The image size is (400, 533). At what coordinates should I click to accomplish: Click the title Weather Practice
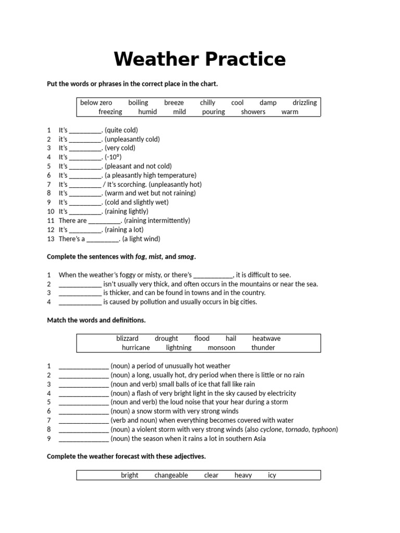click(199, 59)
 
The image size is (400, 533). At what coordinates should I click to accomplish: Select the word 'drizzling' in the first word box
click(304, 103)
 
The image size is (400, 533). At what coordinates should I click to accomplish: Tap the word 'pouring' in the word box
click(214, 111)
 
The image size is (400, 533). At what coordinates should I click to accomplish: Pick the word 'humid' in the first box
click(147, 111)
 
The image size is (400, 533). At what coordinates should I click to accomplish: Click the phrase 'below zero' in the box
click(96, 103)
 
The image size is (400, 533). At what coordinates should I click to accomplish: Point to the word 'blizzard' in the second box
click(127, 338)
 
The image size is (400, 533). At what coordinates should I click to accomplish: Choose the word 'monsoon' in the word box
click(221, 347)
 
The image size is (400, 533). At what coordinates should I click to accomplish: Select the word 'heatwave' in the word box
click(266, 338)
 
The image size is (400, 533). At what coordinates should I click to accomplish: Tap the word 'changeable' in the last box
click(171, 475)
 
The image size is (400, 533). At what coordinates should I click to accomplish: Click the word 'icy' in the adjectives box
click(272, 475)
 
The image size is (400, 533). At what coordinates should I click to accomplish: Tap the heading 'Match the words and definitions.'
click(96, 320)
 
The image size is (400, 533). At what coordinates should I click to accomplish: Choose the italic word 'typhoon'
click(323, 429)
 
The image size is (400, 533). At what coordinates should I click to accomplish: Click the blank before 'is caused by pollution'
click(80, 302)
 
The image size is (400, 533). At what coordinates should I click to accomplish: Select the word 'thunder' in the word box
click(263, 347)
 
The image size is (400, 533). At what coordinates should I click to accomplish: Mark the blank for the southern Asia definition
click(84, 439)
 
